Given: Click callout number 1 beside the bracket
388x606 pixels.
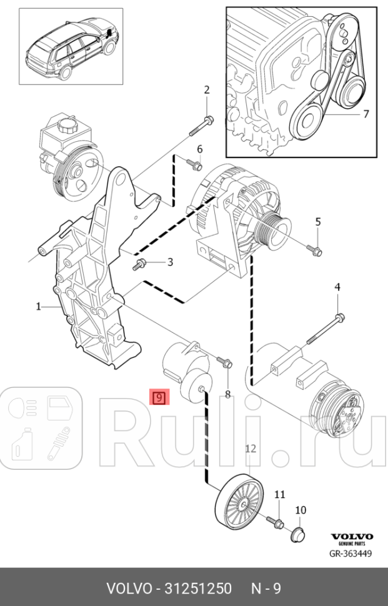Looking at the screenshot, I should click(38, 306).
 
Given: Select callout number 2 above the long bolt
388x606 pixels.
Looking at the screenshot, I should click(207, 90).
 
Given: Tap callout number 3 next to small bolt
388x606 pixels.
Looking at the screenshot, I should click(169, 261).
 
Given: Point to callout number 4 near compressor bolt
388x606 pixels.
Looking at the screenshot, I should click(337, 287).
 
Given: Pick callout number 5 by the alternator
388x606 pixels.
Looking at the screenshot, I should click(317, 222).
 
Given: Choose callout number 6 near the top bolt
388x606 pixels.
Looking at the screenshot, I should click(200, 149).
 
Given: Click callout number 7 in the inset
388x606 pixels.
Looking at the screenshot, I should click(366, 114).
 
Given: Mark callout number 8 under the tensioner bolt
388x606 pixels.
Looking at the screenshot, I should click(227, 394).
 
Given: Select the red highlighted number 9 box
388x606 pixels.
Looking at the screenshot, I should click(159, 397).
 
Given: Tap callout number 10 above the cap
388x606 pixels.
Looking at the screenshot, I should click(300, 510).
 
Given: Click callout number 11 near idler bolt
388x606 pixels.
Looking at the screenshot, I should click(279, 494).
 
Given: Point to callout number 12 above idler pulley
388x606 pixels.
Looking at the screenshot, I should click(251, 448).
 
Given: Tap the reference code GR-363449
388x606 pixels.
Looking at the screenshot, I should click(351, 553).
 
